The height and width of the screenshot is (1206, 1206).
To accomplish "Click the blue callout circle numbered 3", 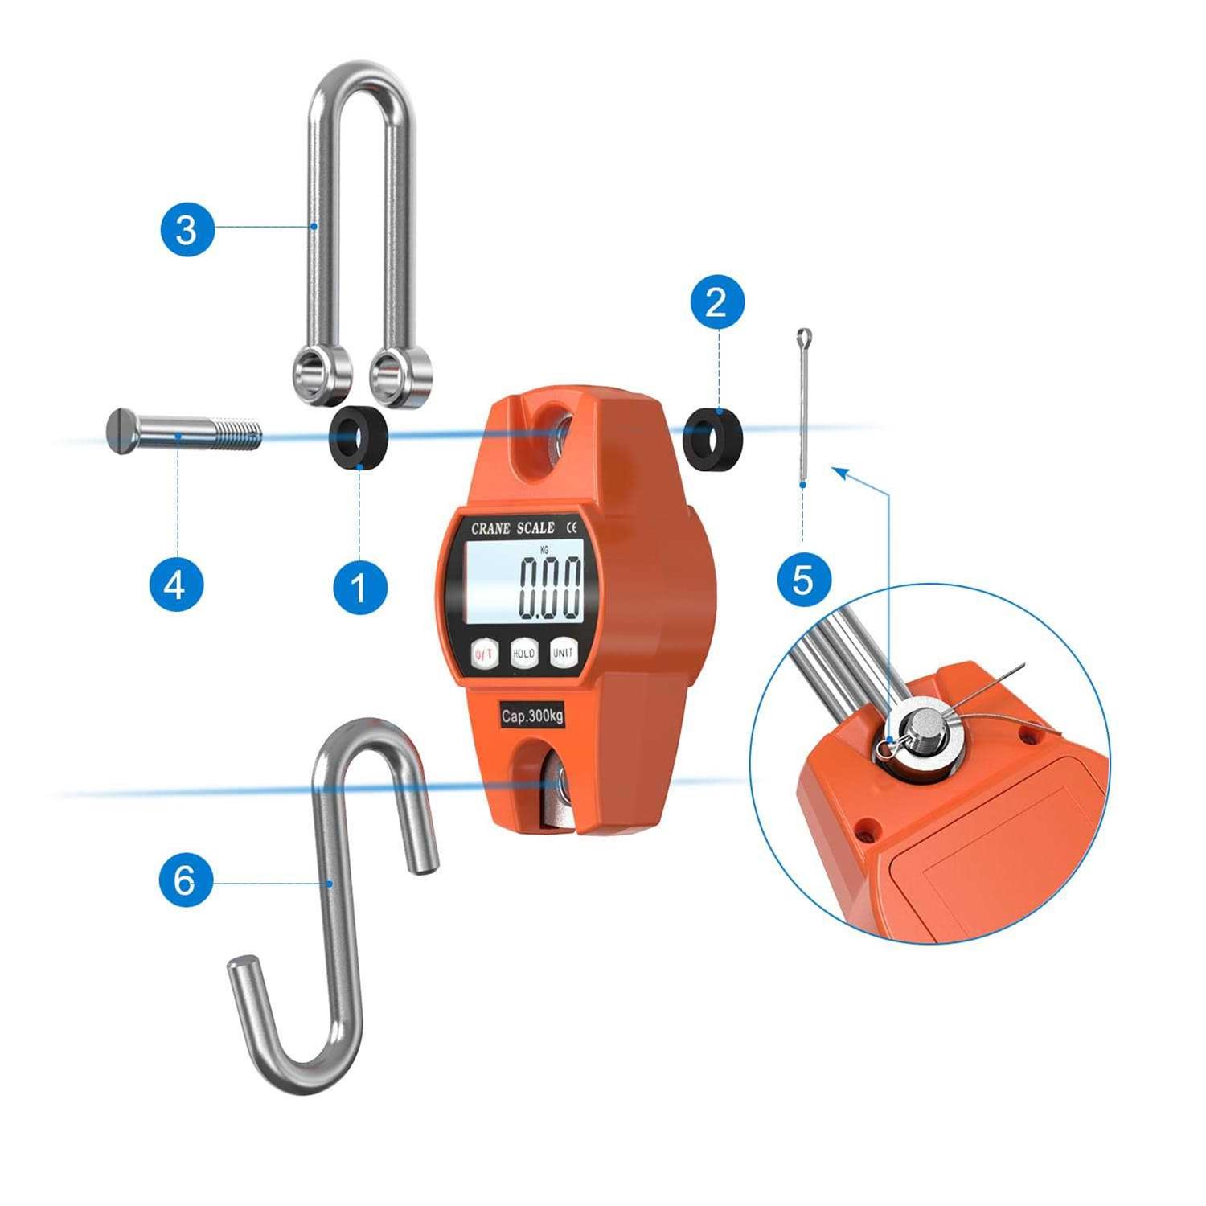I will coord(187,229).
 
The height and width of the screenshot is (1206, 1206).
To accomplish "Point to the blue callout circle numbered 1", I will coord(360,588).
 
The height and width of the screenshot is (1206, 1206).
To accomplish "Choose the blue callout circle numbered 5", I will coord(803,578).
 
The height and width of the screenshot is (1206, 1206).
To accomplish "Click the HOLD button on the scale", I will coord(523,654).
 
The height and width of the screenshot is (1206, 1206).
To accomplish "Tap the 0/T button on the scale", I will coord(484,654).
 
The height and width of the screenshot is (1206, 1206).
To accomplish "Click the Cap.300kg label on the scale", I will coord(531,716).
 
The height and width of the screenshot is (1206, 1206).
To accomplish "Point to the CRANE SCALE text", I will coord(512,528).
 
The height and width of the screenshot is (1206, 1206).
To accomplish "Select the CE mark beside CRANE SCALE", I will coord(572,527).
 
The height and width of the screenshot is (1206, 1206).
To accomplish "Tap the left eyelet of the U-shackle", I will coord(320,375).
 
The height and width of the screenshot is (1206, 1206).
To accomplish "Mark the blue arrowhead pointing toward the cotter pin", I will coord(839,472).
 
